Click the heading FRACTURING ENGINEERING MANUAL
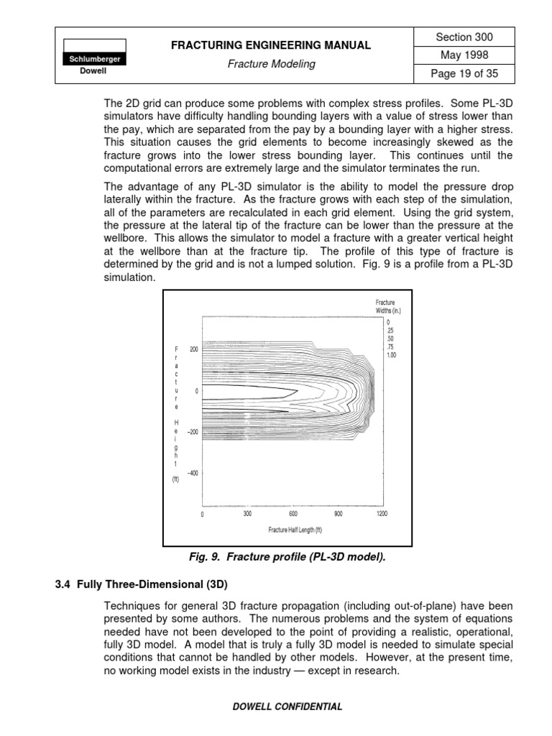(271, 45)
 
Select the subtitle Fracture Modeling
(271, 64)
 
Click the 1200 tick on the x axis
(381, 514)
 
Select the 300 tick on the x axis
(247, 514)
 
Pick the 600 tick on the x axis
(293, 514)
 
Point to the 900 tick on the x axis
(338, 514)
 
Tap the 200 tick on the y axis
(193, 349)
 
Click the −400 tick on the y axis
(192, 473)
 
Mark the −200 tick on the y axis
(192, 432)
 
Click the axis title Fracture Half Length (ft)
(295, 530)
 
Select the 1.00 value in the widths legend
(391, 355)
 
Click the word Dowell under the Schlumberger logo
(94, 71)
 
